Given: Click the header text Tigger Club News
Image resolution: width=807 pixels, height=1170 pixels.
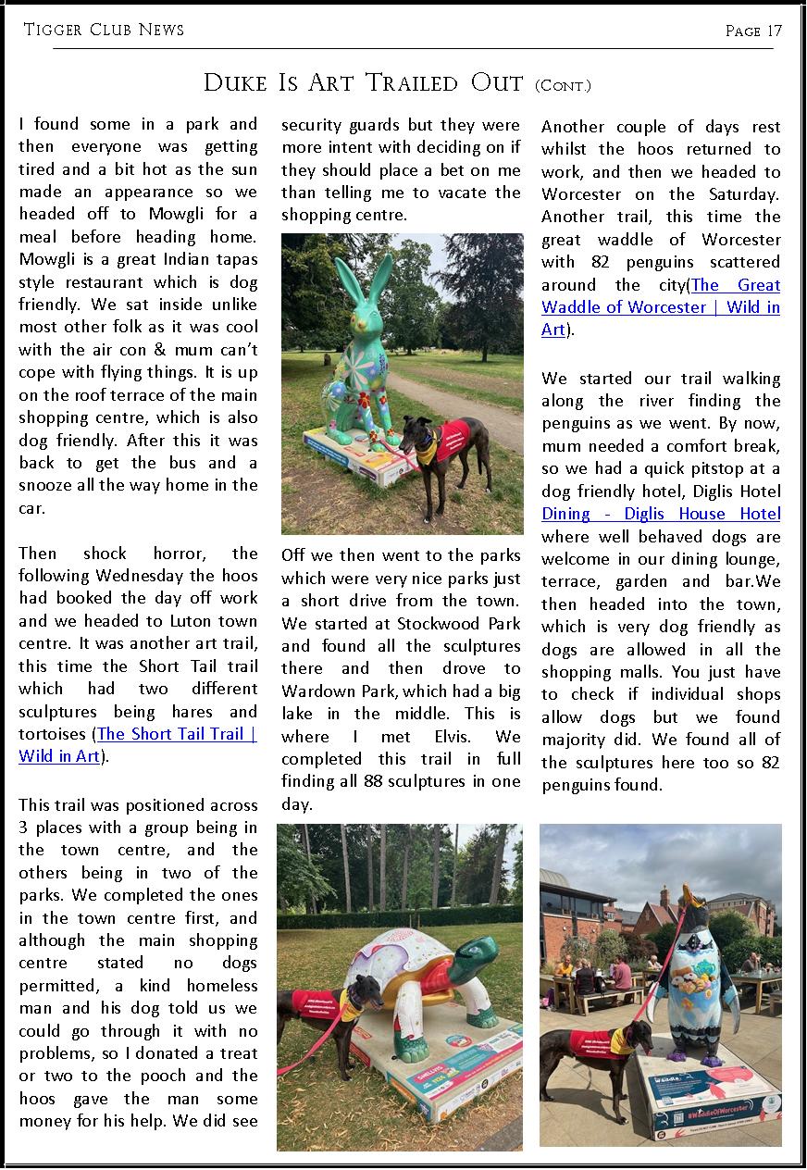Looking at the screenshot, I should click(x=104, y=30).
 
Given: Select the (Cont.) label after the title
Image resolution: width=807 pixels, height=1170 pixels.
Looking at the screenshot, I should click(x=563, y=86).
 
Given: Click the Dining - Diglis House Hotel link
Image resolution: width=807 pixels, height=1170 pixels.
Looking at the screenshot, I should click(x=661, y=515).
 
